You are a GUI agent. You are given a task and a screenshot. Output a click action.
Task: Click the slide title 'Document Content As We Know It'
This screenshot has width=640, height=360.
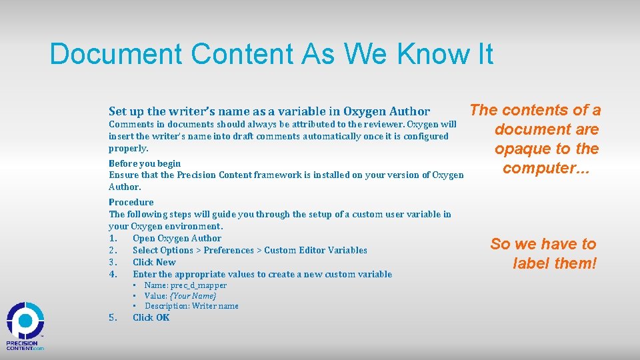pyautogui.click(x=271, y=54)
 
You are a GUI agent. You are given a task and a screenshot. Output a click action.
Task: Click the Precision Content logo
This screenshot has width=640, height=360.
pyautogui.click(x=25, y=326)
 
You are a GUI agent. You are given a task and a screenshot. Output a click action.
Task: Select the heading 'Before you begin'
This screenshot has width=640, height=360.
pyautogui.click(x=145, y=163)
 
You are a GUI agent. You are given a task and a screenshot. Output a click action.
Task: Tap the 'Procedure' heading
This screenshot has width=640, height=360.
pyautogui.click(x=131, y=202)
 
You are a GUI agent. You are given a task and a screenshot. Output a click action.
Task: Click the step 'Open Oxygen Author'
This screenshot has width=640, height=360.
pyautogui.click(x=177, y=238)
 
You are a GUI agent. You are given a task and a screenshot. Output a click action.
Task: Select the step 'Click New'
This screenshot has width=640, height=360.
pyautogui.click(x=154, y=262)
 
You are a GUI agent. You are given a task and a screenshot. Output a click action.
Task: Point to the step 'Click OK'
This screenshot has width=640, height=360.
pyautogui.click(x=151, y=317)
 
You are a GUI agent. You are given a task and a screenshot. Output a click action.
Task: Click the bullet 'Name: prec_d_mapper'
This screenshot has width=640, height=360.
pyautogui.click(x=185, y=285)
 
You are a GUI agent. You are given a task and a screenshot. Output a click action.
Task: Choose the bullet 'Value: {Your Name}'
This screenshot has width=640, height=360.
pyautogui.click(x=180, y=295)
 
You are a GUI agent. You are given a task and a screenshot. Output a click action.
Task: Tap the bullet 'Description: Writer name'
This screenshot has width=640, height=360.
pyautogui.click(x=191, y=306)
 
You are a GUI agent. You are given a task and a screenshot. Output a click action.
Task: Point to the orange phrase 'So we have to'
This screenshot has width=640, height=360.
pyautogui.click(x=543, y=244)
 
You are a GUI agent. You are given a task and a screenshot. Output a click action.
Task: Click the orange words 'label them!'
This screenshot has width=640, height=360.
pyautogui.click(x=555, y=263)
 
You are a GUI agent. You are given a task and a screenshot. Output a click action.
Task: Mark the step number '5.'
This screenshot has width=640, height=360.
pyautogui.click(x=113, y=317)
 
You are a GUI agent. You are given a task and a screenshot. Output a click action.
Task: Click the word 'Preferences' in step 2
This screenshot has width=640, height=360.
pyautogui.click(x=229, y=250)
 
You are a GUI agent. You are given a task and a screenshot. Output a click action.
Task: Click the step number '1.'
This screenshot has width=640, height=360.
pyautogui.click(x=113, y=238)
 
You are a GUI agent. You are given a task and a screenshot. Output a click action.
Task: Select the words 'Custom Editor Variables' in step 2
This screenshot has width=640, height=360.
pyautogui.click(x=315, y=250)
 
